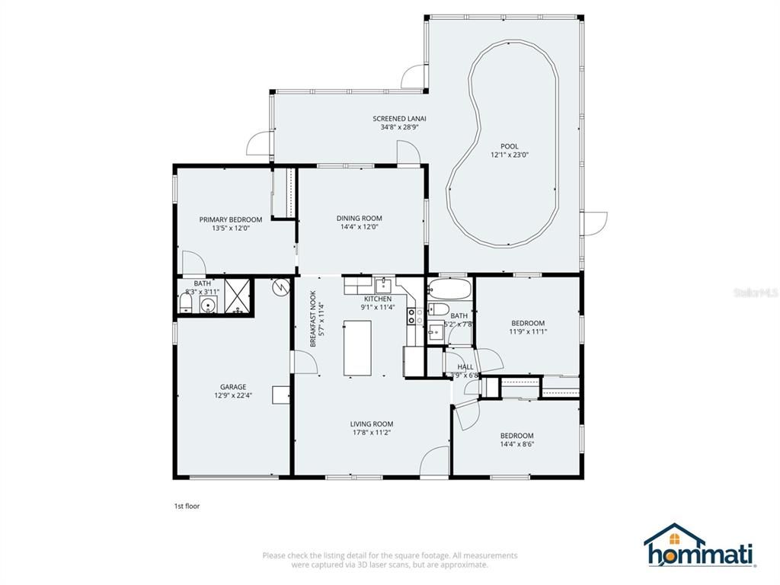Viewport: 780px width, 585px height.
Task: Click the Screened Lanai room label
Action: click(x=399, y=118)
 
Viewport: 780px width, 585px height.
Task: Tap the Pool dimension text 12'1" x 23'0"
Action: click(x=510, y=155)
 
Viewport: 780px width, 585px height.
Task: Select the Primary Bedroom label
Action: click(x=230, y=219)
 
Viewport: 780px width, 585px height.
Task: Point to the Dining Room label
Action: click(x=359, y=219)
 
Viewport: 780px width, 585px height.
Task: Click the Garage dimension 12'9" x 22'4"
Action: click(x=233, y=395)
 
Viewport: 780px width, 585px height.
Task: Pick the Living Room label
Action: click(x=371, y=424)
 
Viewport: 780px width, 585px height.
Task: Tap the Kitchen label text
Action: click(x=377, y=299)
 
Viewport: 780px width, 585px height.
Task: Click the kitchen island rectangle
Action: click(x=358, y=348)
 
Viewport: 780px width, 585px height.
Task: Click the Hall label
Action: click(x=465, y=366)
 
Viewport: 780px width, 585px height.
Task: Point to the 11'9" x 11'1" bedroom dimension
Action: click(x=528, y=331)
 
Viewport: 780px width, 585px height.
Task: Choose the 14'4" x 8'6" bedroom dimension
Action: click(x=516, y=444)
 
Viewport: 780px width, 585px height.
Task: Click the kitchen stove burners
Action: click(x=412, y=316)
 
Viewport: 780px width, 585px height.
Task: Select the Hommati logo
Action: click(x=699, y=546)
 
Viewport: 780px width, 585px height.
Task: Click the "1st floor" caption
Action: click(x=187, y=505)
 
